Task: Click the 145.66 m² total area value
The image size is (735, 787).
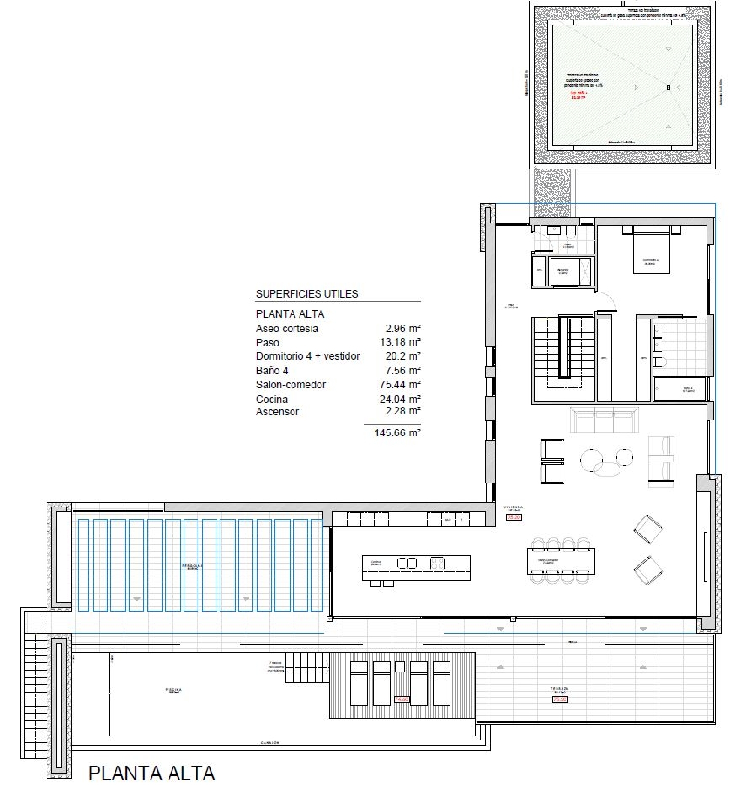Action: (x=397, y=433)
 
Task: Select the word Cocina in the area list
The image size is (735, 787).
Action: (x=271, y=399)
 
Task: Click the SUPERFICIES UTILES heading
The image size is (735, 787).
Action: (x=307, y=294)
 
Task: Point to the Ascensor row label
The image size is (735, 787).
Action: (x=277, y=412)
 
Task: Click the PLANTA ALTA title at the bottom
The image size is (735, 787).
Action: (x=151, y=773)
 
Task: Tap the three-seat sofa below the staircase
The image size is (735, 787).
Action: (x=604, y=420)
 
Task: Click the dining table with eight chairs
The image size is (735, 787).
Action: (x=561, y=560)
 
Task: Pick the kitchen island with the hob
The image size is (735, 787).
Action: (x=416, y=568)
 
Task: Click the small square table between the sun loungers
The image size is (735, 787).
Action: (x=400, y=667)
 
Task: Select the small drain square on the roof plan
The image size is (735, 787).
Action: (x=668, y=88)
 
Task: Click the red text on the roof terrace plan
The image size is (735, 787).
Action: (x=578, y=95)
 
